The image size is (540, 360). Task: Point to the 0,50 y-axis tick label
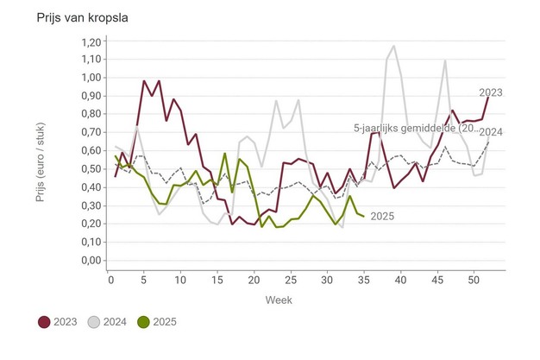[89, 169]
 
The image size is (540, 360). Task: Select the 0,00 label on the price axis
[89, 261]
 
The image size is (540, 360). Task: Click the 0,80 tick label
[89, 114]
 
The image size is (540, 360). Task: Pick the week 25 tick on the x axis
[290, 280]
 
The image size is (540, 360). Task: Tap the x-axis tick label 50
[473, 280]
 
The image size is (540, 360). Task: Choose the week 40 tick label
[399, 280]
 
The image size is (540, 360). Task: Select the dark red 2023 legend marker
[44, 322]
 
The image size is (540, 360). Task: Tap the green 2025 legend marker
[142, 322]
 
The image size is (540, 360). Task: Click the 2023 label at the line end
[491, 92]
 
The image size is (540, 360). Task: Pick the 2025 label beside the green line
[381, 216]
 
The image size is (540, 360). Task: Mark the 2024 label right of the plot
[491, 132]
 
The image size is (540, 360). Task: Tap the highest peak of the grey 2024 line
[394, 46]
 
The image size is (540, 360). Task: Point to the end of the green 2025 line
[363, 216]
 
